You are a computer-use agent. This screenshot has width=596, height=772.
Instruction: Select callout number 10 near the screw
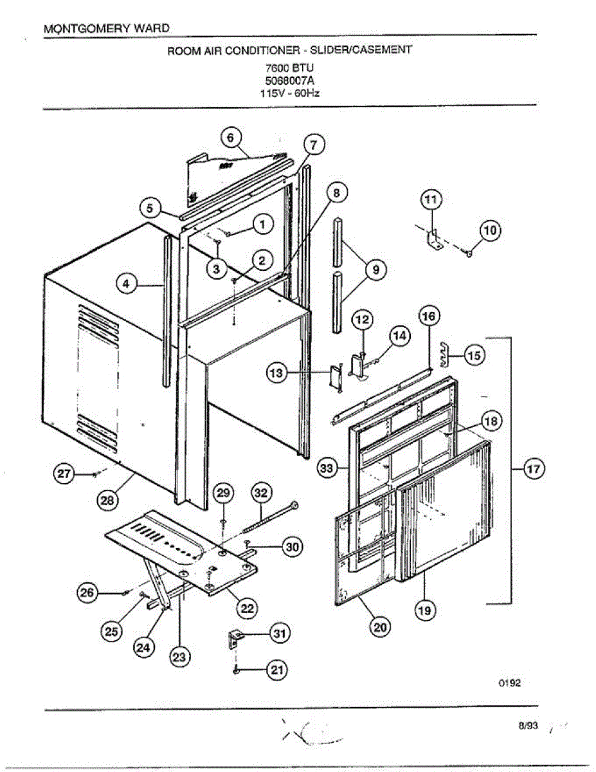click(x=491, y=230)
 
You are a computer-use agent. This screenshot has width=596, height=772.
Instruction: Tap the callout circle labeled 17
click(x=533, y=470)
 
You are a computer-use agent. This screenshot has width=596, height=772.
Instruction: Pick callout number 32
click(x=260, y=493)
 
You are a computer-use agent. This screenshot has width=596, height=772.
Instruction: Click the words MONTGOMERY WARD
click(x=107, y=29)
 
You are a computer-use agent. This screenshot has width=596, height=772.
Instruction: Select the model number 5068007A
click(x=292, y=80)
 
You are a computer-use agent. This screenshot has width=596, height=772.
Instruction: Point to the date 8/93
click(x=528, y=726)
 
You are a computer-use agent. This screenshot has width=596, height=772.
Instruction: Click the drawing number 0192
click(x=509, y=683)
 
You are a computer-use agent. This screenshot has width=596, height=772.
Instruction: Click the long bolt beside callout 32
click(x=269, y=518)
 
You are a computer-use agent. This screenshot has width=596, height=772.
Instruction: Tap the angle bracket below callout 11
click(x=433, y=239)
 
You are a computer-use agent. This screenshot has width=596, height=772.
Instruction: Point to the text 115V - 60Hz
click(x=293, y=92)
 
